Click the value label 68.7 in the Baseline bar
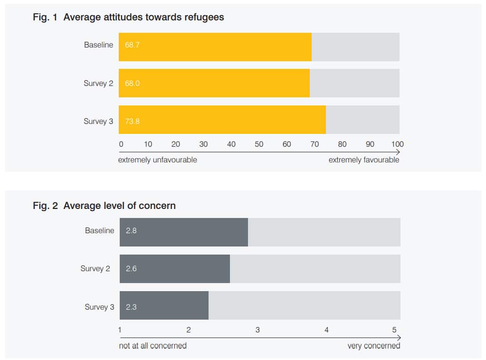point(132,45)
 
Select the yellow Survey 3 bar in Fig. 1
point(222,120)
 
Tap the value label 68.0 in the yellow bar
point(132,83)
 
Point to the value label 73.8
point(132,121)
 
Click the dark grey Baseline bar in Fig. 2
point(183,232)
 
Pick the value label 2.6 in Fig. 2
point(131,269)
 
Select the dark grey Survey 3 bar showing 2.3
point(164,305)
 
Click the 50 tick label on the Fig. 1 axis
point(259,144)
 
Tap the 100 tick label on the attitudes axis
point(397,144)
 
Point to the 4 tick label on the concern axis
point(326,330)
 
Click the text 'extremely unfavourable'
point(157,160)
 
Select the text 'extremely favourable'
point(364,160)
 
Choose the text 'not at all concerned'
point(152,346)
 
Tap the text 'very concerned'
point(373,346)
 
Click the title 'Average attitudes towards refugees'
point(143,18)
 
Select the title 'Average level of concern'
point(119,206)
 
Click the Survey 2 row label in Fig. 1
point(98,83)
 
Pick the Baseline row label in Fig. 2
point(99,230)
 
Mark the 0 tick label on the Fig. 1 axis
point(121,144)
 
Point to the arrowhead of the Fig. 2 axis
point(399,338)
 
